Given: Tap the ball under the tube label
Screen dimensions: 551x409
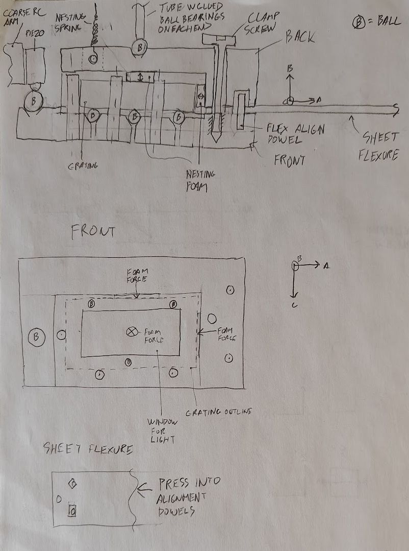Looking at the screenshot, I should point(139,47).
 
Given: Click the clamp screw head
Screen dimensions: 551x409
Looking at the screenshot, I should point(220,39).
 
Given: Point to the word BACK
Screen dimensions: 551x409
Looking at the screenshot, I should point(300,37).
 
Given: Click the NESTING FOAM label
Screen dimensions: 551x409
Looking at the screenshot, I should point(200,180).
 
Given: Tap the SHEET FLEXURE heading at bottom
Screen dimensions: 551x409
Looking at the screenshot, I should point(89,450).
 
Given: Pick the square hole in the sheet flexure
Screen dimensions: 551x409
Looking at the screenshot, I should point(72,510).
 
